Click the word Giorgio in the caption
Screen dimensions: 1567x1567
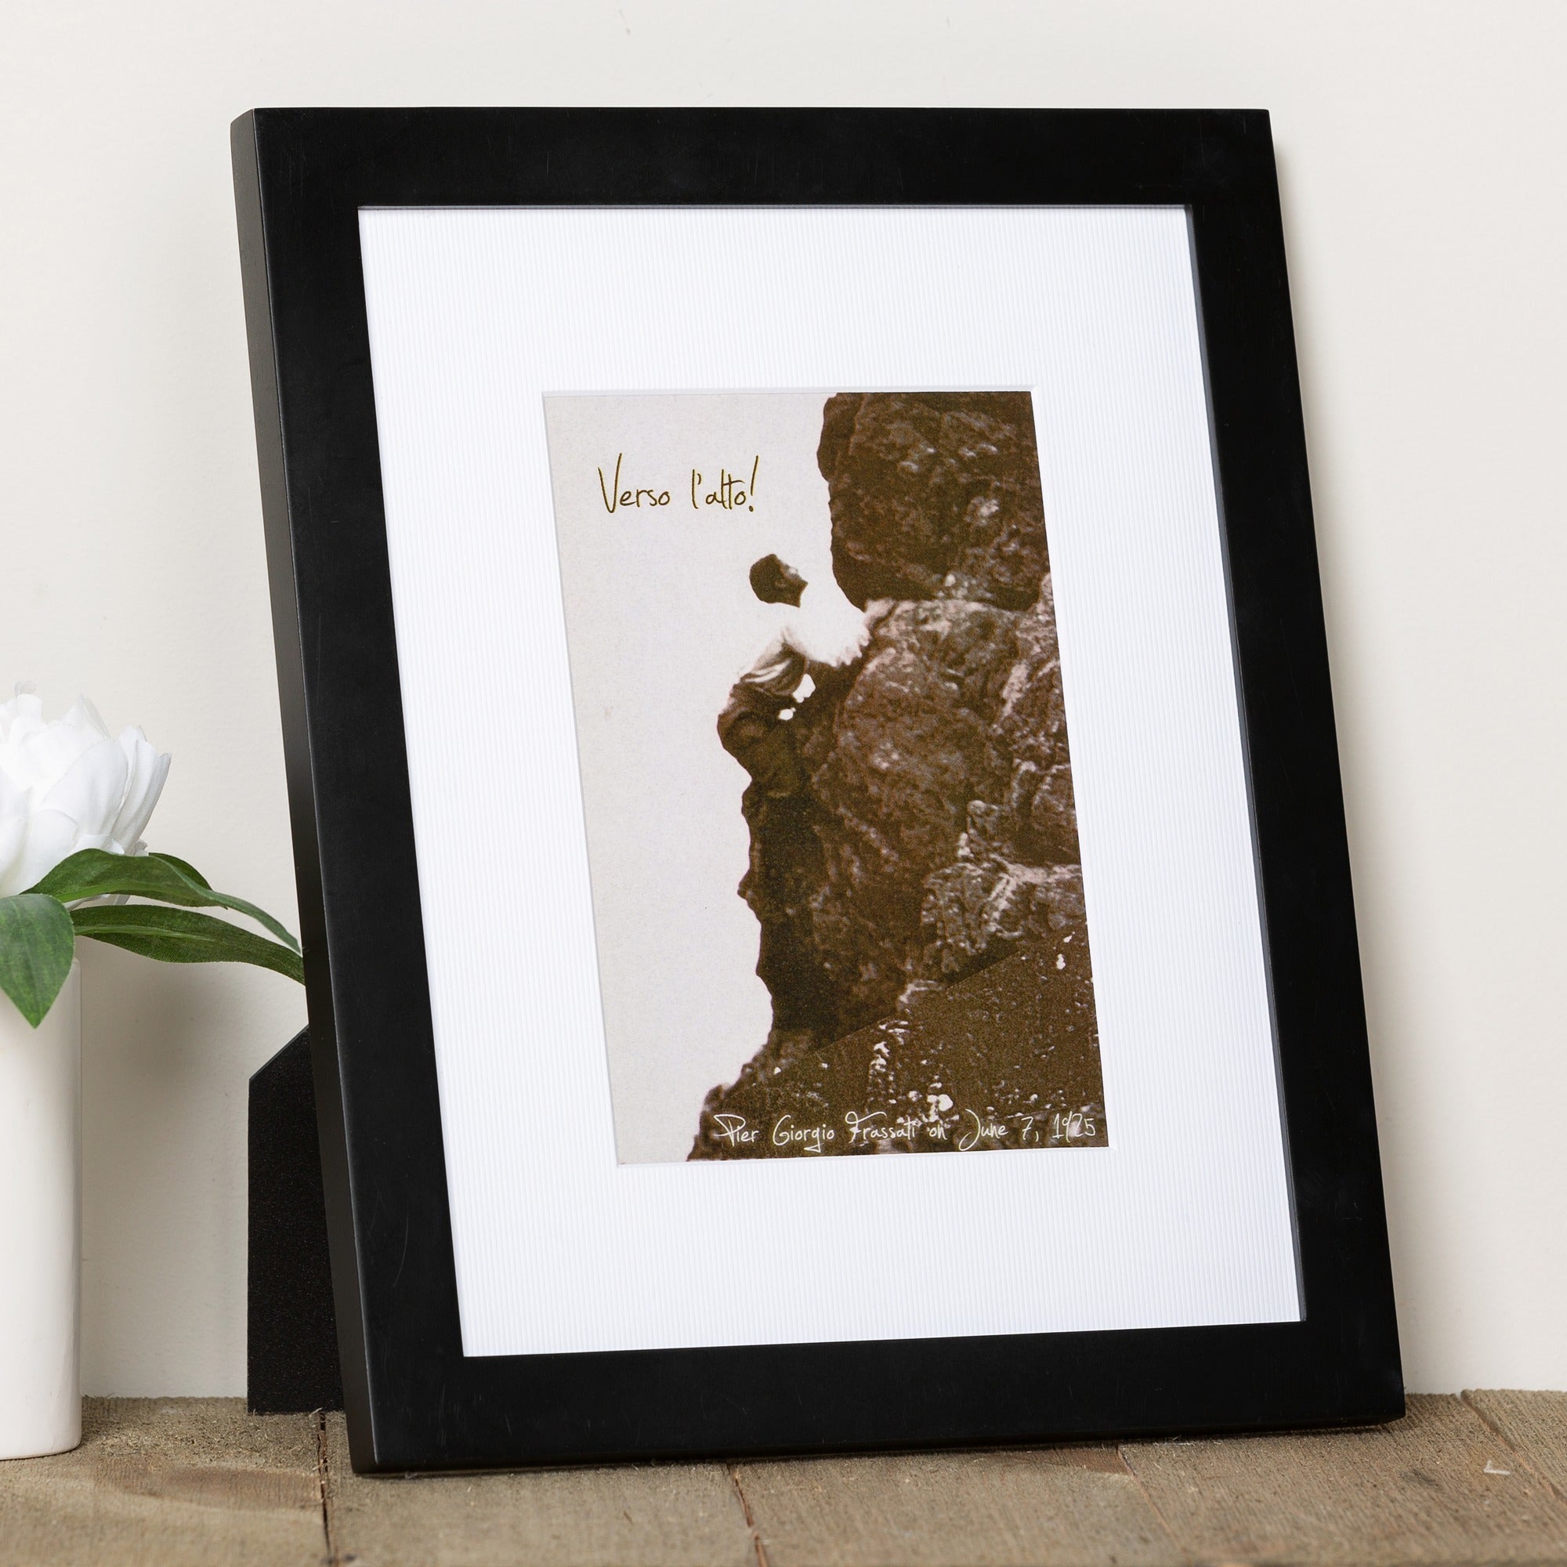point(804,1131)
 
